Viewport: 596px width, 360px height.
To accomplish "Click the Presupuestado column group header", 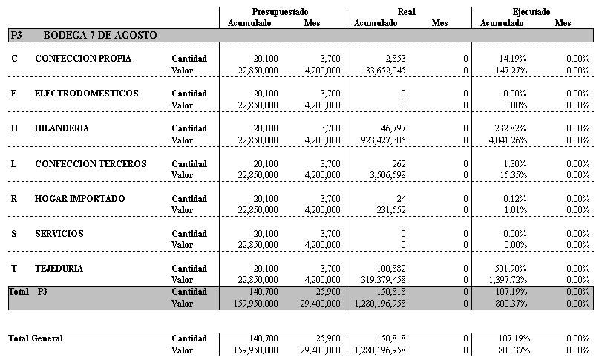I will [x=281, y=12].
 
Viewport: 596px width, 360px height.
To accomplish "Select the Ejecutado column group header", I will [x=531, y=12].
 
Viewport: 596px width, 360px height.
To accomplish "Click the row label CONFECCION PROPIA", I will [x=83, y=59].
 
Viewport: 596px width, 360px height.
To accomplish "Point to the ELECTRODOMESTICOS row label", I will [x=86, y=94].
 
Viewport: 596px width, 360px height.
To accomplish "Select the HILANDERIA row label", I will [x=62, y=128].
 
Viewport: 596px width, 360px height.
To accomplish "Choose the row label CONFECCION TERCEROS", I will [x=91, y=163].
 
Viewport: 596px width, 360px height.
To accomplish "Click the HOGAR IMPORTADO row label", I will [x=79, y=198].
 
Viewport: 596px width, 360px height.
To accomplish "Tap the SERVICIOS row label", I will [x=59, y=234].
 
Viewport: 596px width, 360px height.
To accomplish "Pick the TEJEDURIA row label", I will [x=59, y=269].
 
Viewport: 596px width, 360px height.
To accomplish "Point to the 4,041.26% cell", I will [x=505, y=140].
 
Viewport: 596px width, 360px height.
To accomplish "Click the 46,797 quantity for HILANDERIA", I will [x=393, y=128].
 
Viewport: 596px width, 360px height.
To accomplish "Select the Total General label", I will [x=36, y=338].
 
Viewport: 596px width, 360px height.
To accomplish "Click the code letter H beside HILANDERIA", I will [x=14, y=128].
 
